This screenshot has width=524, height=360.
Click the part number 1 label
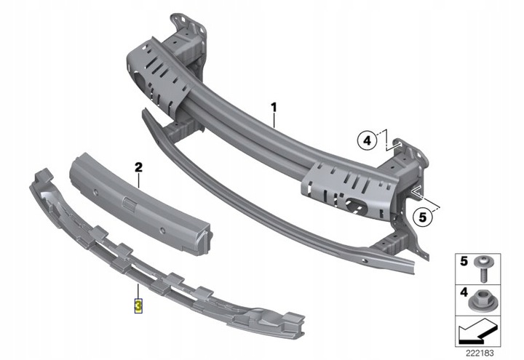tap(275, 108)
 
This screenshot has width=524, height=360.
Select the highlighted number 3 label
tap(138, 303)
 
